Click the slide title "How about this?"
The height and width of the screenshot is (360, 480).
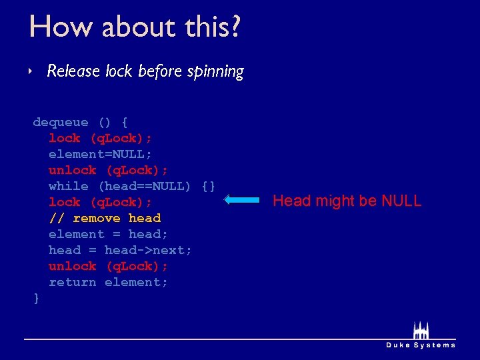pyautogui.click(x=135, y=27)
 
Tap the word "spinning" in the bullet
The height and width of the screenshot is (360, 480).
pyautogui.click(x=217, y=71)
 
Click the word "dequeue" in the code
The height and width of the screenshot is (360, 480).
pyautogui.click(x=61, y=122)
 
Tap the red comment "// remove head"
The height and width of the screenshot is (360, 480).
pyautogui.click(x=105, y=218)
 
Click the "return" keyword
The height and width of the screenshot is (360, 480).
pyautogui.click(x=73, y=282)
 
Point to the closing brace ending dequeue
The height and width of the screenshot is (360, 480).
pyautogui.click(x=37, y=298)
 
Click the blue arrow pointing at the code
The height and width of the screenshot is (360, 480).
pyautogui.click(x=241, y=199)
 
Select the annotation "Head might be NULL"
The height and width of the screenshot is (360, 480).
pyautogui.click(x=347, y=201)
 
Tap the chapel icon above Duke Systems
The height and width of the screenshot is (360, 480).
pyautogui.click(x=421, y=331)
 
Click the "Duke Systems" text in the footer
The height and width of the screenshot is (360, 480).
pyautogui.click(x=421, y=345)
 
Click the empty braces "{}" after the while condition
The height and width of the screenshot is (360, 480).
pyautogui.click(x=208, y=186)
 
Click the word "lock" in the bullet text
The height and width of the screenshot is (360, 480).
pyautogui.click(x=119, y=71)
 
